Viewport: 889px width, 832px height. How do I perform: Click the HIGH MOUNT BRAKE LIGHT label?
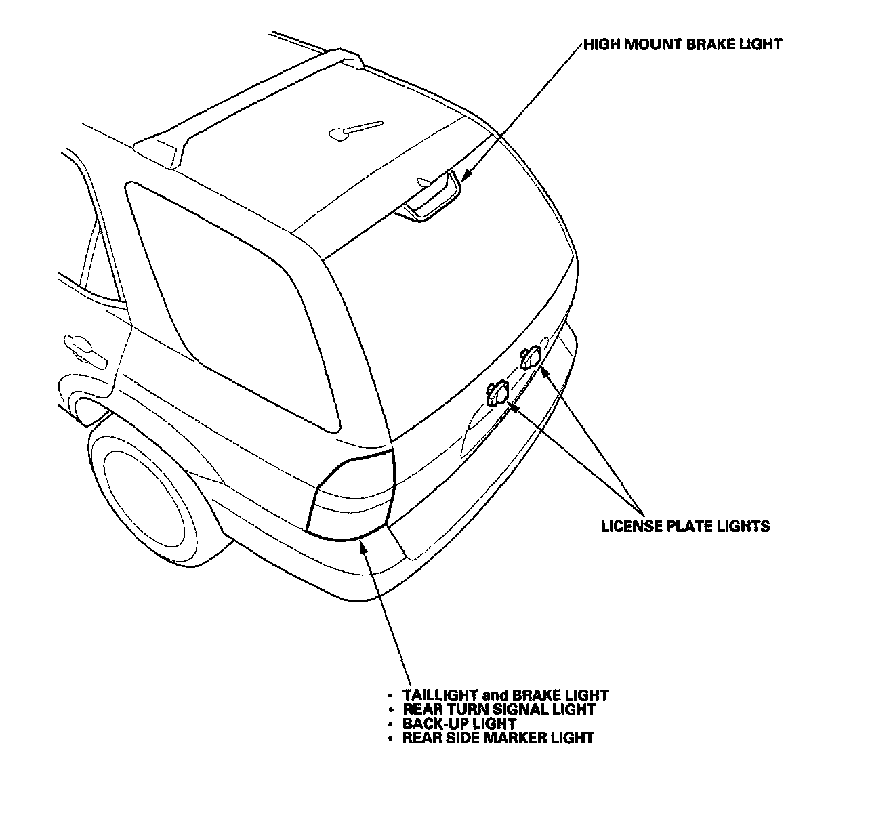click(x=683, y=45)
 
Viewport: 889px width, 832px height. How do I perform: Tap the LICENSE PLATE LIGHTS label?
click(x=686, y=526)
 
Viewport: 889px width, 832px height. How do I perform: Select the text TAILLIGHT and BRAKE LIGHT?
click(x=505, y=695)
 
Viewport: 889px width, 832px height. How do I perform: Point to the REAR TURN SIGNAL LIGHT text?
click(x=499, y=709)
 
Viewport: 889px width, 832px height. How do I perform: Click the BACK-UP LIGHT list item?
click(x=459, y=724)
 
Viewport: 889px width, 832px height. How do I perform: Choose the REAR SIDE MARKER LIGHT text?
click(x=498, y=738)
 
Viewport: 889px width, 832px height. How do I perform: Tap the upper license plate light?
click(x=530, y=356)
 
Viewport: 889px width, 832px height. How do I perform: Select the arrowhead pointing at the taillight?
click(x=363, y=545)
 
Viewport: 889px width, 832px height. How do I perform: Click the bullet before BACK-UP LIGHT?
click(x=390, y=724)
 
